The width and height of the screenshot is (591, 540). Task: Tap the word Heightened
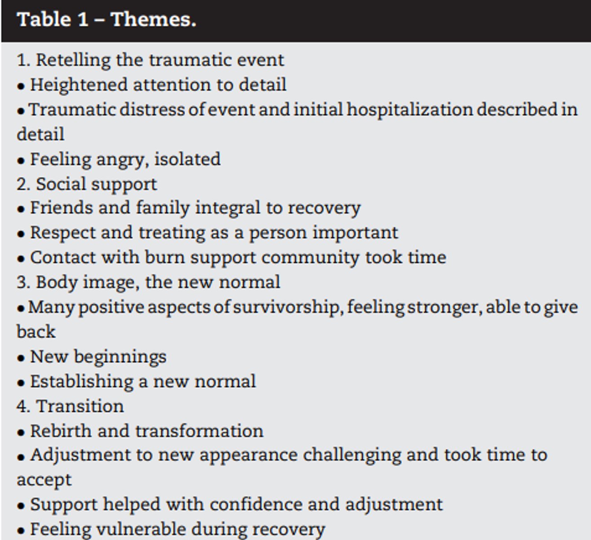(x=79, y=85)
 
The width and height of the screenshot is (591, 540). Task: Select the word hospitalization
(x=410, y=110)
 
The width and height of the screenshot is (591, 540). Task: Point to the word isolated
(x=187, y=159)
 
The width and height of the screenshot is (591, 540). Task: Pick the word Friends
(x=62, y=208)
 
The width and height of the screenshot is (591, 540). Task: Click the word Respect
(x=63, y=233)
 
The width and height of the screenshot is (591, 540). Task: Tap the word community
(x=310, y=258)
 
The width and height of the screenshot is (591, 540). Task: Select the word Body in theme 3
(x=56, y=283)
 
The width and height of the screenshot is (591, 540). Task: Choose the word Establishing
(x=82, y=382)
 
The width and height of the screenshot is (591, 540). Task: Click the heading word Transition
(x=80, y=407)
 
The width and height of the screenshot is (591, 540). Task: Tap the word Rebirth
(x=61, y=431)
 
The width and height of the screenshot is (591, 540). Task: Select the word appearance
(x=249, y=456)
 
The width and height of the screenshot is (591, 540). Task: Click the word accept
(x=44, y=481)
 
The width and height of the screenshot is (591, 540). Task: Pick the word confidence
(x=256, y=505)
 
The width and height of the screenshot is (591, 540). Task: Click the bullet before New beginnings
(x=21, y=358)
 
